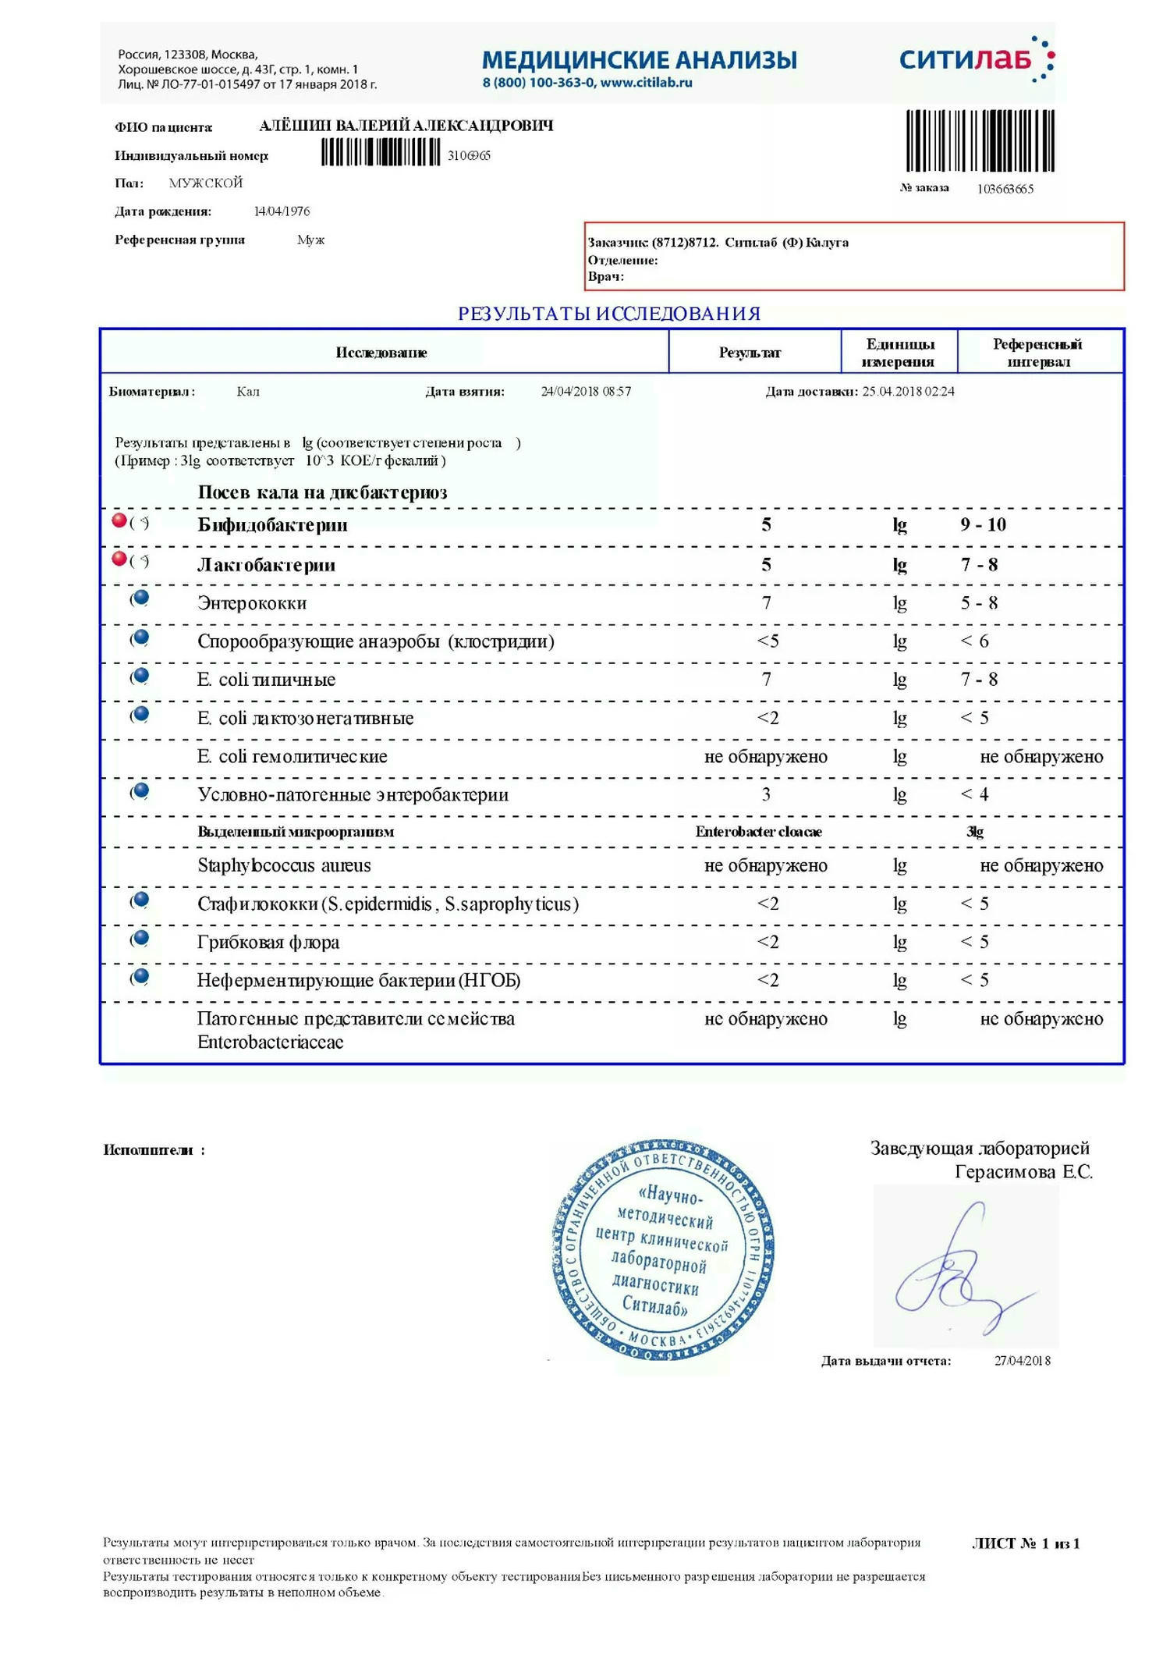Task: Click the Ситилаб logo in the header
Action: point(975,59)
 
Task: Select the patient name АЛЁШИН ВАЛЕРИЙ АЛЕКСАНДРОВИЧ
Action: point(406,126)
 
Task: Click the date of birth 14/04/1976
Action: point(282,211)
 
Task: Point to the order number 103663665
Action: point(1005,189)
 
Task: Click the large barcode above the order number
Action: point(980,140)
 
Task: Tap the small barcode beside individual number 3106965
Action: point(381,152)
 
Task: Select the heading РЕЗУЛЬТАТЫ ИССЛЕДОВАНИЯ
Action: point(608,314)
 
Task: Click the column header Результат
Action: point(749,353)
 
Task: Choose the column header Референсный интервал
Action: point(1037,353)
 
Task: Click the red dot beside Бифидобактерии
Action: point(119,520)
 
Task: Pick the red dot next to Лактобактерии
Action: point(119,559)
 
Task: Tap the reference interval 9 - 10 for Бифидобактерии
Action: point(983,524)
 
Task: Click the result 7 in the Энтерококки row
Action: point(766,603)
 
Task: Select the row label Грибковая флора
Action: point(268,943)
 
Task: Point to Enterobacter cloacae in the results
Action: point(758,832)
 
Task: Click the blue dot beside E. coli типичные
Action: point(141,676)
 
